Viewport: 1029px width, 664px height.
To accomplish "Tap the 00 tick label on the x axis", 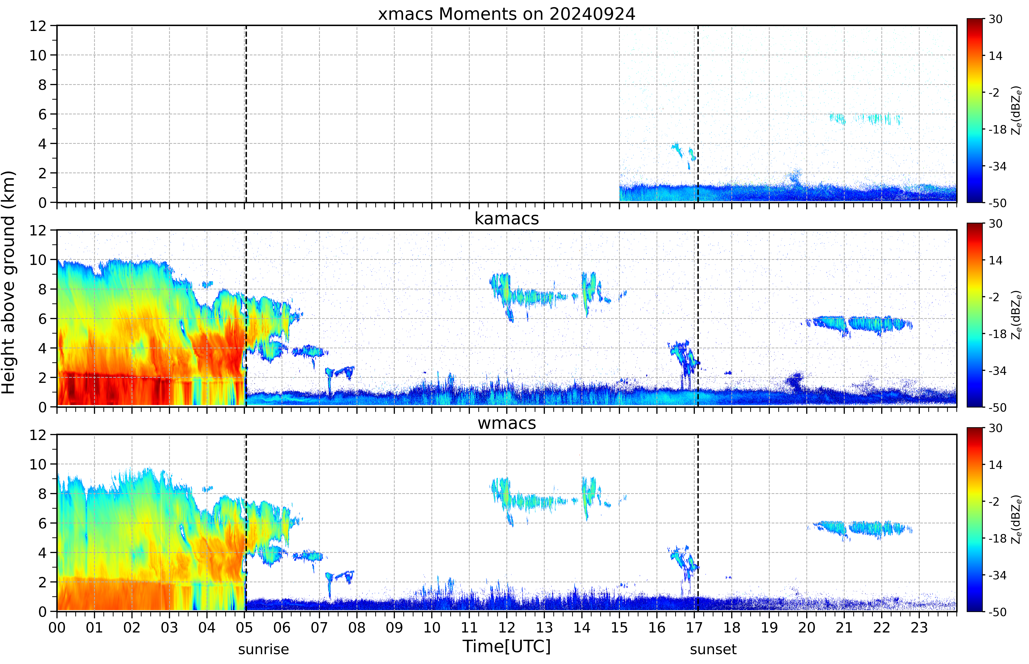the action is pyautogui.click(x=57, y=627).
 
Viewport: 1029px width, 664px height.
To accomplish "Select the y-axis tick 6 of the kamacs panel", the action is pyautogui.click(x=42, y=319).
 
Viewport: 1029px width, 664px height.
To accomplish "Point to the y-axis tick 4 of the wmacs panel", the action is pyautogui.click(x=42, y=553).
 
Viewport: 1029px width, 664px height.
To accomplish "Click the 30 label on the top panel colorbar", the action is pyautogui.click(x=995, y=19).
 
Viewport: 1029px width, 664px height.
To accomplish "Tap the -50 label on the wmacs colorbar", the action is pyautogui.click(x=998, y=612).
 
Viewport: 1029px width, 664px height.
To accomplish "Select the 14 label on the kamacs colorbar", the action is pyautogui.click(x=995, y=260).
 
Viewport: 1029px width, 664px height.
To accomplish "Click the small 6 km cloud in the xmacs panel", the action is pyautogui.click(x=866, y=119).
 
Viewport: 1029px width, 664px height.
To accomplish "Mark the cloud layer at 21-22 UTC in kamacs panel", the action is pyautogui.click(x=859, y=324).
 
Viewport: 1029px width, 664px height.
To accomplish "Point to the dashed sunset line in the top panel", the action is pyautogui.click(x=698, y=114).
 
